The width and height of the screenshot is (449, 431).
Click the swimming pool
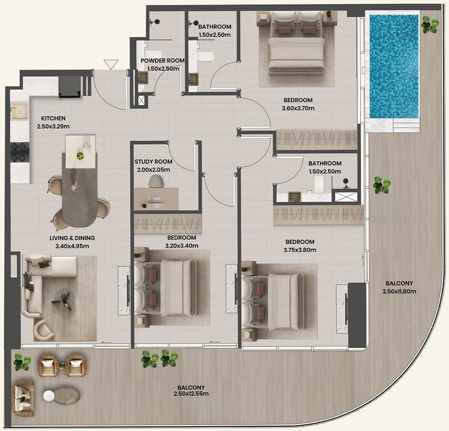(394, 66)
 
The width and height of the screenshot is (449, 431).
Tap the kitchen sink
(19, 111)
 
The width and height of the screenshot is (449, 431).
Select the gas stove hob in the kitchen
(20, 152)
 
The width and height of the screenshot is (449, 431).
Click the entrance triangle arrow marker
(111, 64)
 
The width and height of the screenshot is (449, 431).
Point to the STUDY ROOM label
(153, 162)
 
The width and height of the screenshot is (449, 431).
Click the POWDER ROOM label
(162, 61)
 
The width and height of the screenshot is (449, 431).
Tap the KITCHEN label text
(53, 118)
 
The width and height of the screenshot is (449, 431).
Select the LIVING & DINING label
(72, 238)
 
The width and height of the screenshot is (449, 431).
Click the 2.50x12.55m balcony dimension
(191, 394)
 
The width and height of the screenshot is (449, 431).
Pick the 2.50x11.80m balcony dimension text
(399, 291)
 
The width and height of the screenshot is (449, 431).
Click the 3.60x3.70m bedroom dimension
(298, 108)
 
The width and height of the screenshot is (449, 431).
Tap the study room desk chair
(157, 181)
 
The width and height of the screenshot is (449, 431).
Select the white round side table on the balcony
(49, 396)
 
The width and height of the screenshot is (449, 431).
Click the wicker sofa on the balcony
(23, 398)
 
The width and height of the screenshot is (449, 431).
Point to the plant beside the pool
(430, 24)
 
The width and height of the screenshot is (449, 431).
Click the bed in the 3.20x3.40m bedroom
(166, 287)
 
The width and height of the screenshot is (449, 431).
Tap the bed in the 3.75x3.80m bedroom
(273, 301)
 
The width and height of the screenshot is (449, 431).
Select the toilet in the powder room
(153, 54)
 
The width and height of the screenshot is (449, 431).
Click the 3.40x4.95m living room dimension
(72, 246)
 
